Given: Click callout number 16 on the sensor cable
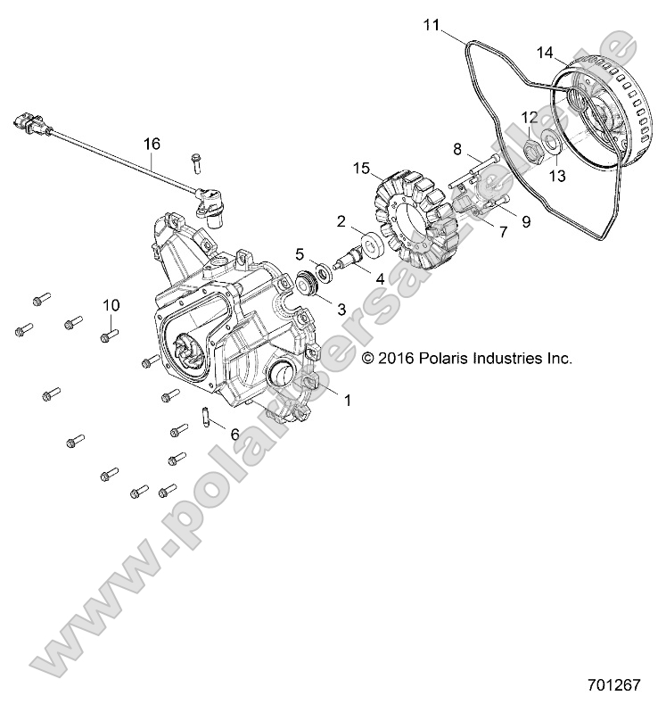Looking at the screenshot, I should click(x=152, y=143).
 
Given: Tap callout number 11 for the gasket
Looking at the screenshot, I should click(x=432, y=26).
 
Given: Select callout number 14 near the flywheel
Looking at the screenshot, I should click(x=547, y=53).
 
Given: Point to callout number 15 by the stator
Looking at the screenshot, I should click(x=360, y=168).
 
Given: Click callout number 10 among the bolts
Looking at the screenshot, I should click(x=111, y=305).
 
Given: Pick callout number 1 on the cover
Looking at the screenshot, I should click(x=348, y=401).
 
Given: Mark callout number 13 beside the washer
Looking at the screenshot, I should click(x=556, y=177).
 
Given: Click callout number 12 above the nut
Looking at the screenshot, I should click(x=530, y=117).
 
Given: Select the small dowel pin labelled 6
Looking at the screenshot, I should click(x=204, y=416).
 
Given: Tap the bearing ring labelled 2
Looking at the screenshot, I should click(x=366, y=244).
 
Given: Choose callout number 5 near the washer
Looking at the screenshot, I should click(x=300, y=253).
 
